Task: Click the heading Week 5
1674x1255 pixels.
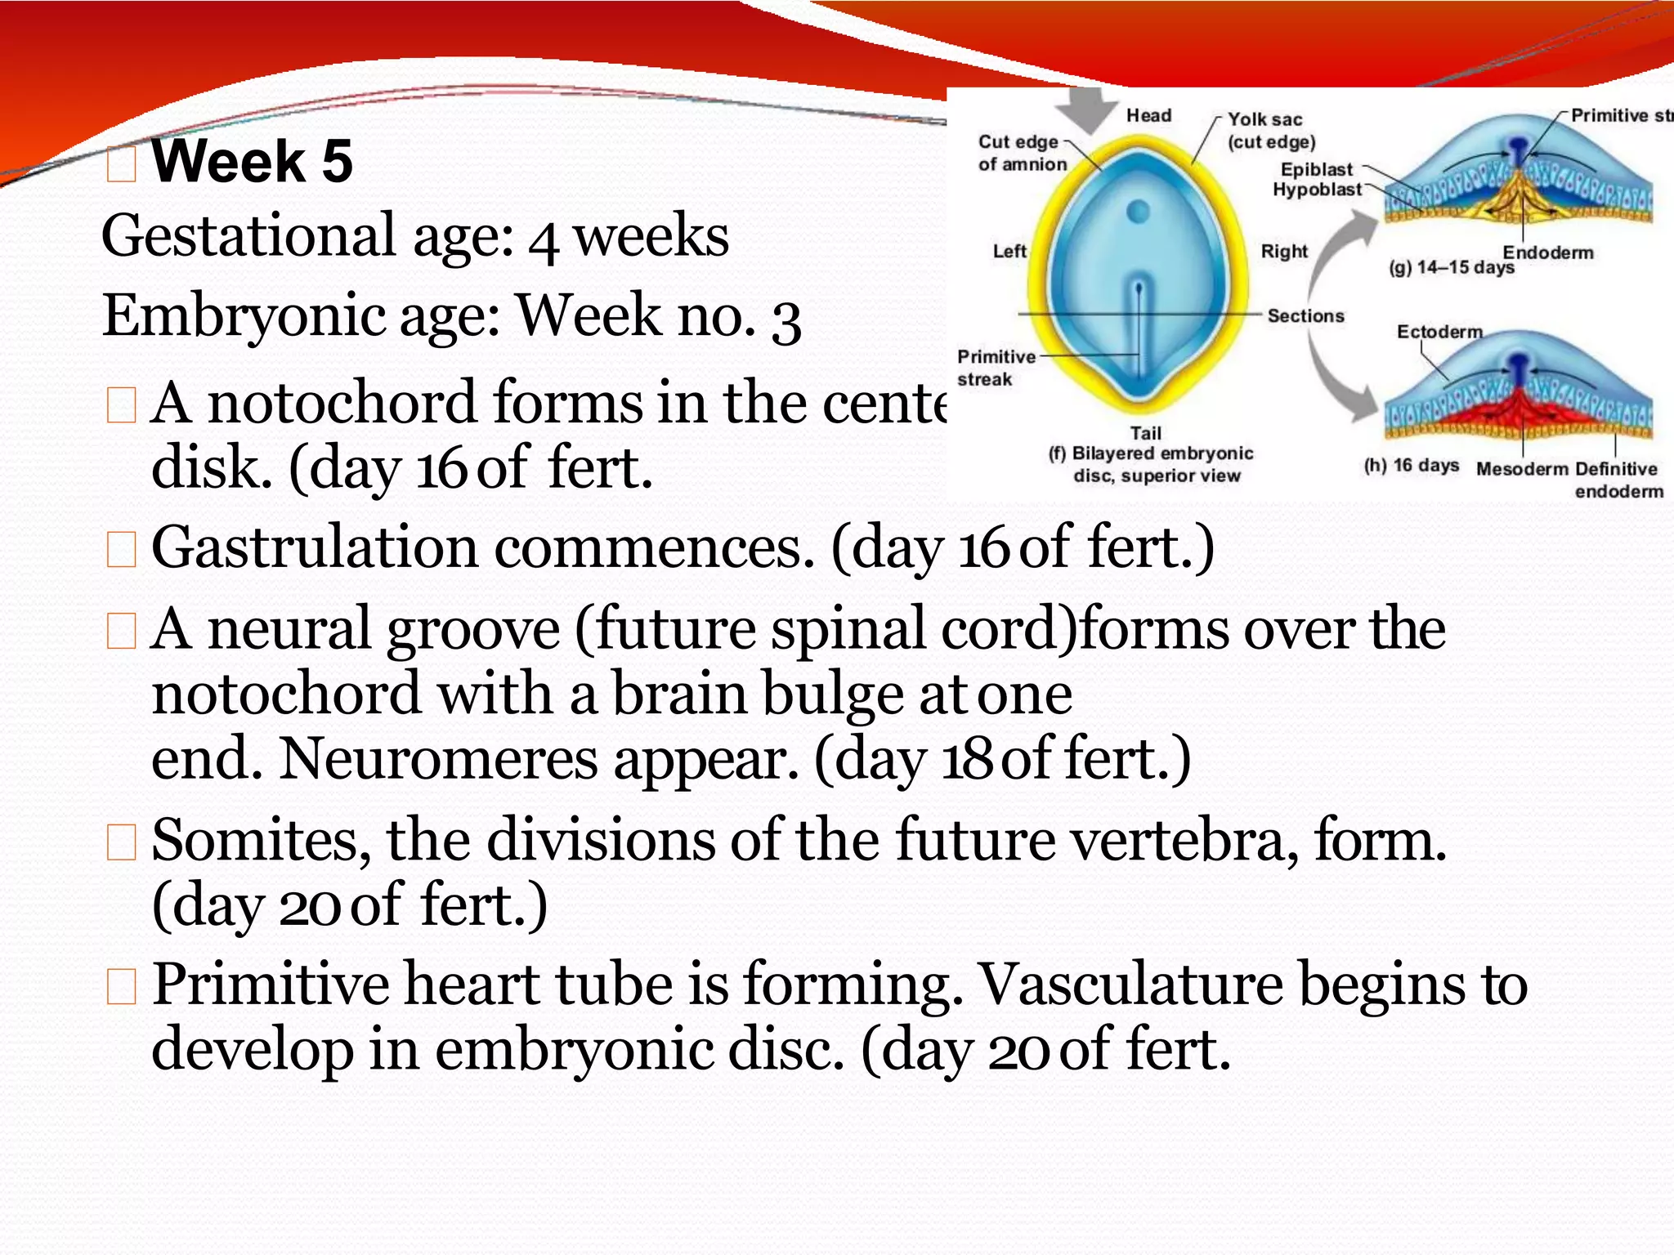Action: [x=252, y=161]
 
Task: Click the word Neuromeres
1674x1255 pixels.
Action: [x=438, y=759]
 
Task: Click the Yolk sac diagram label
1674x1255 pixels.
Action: [x=1265, y=119]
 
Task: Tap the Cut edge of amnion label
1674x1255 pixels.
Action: [x=1021, y=153]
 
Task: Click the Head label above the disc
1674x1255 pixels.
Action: [x=1148, y=115]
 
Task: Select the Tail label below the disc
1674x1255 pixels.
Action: [x=1145, y=433]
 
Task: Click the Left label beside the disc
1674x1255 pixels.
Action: [x=1009, y=252]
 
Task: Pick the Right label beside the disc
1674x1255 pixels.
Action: [x=1284, y=252]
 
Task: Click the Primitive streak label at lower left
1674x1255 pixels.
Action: [x=995, y=368]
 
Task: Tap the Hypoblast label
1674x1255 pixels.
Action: [x=1317, y=190]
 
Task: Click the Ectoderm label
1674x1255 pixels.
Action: [x=1439, y=332]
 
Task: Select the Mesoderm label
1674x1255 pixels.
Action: [x=1522, y=469]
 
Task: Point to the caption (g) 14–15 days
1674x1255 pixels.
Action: [x=1451, y=268]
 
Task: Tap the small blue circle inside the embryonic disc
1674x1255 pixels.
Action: [x=1138, y=212]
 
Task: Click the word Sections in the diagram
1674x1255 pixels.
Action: [x=1305, y=315]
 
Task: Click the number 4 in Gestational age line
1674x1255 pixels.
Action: [x=544, y=239]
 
